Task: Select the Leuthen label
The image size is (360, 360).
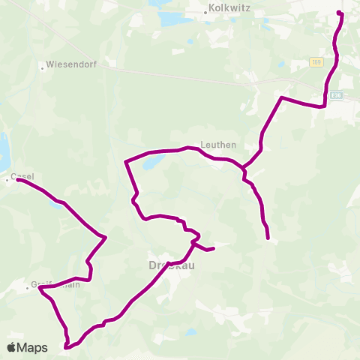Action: pyautogui.click(x=219, y=145)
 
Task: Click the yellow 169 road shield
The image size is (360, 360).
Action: pyautogui.click(x=317, y=62)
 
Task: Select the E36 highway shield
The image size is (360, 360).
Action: pyautogui.click(x=337, y=95)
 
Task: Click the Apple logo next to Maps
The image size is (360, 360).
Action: pyautogui.click(x=12, y=347)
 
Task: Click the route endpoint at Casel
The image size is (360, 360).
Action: pyautogui.click(x=17, y=180)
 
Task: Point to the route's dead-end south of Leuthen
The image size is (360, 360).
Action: pyautogui.click(x=268, y=238)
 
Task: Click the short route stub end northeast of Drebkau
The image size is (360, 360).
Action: pyautogui.click(x=214, y=248)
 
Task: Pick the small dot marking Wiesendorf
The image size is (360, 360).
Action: pyautogui.click(x=42, y=67)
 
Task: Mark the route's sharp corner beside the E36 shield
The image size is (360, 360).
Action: pyautogui.click(x=323, y=106)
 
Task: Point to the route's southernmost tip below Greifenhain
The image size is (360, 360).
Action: pyautogui.click(x=67, y=347)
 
